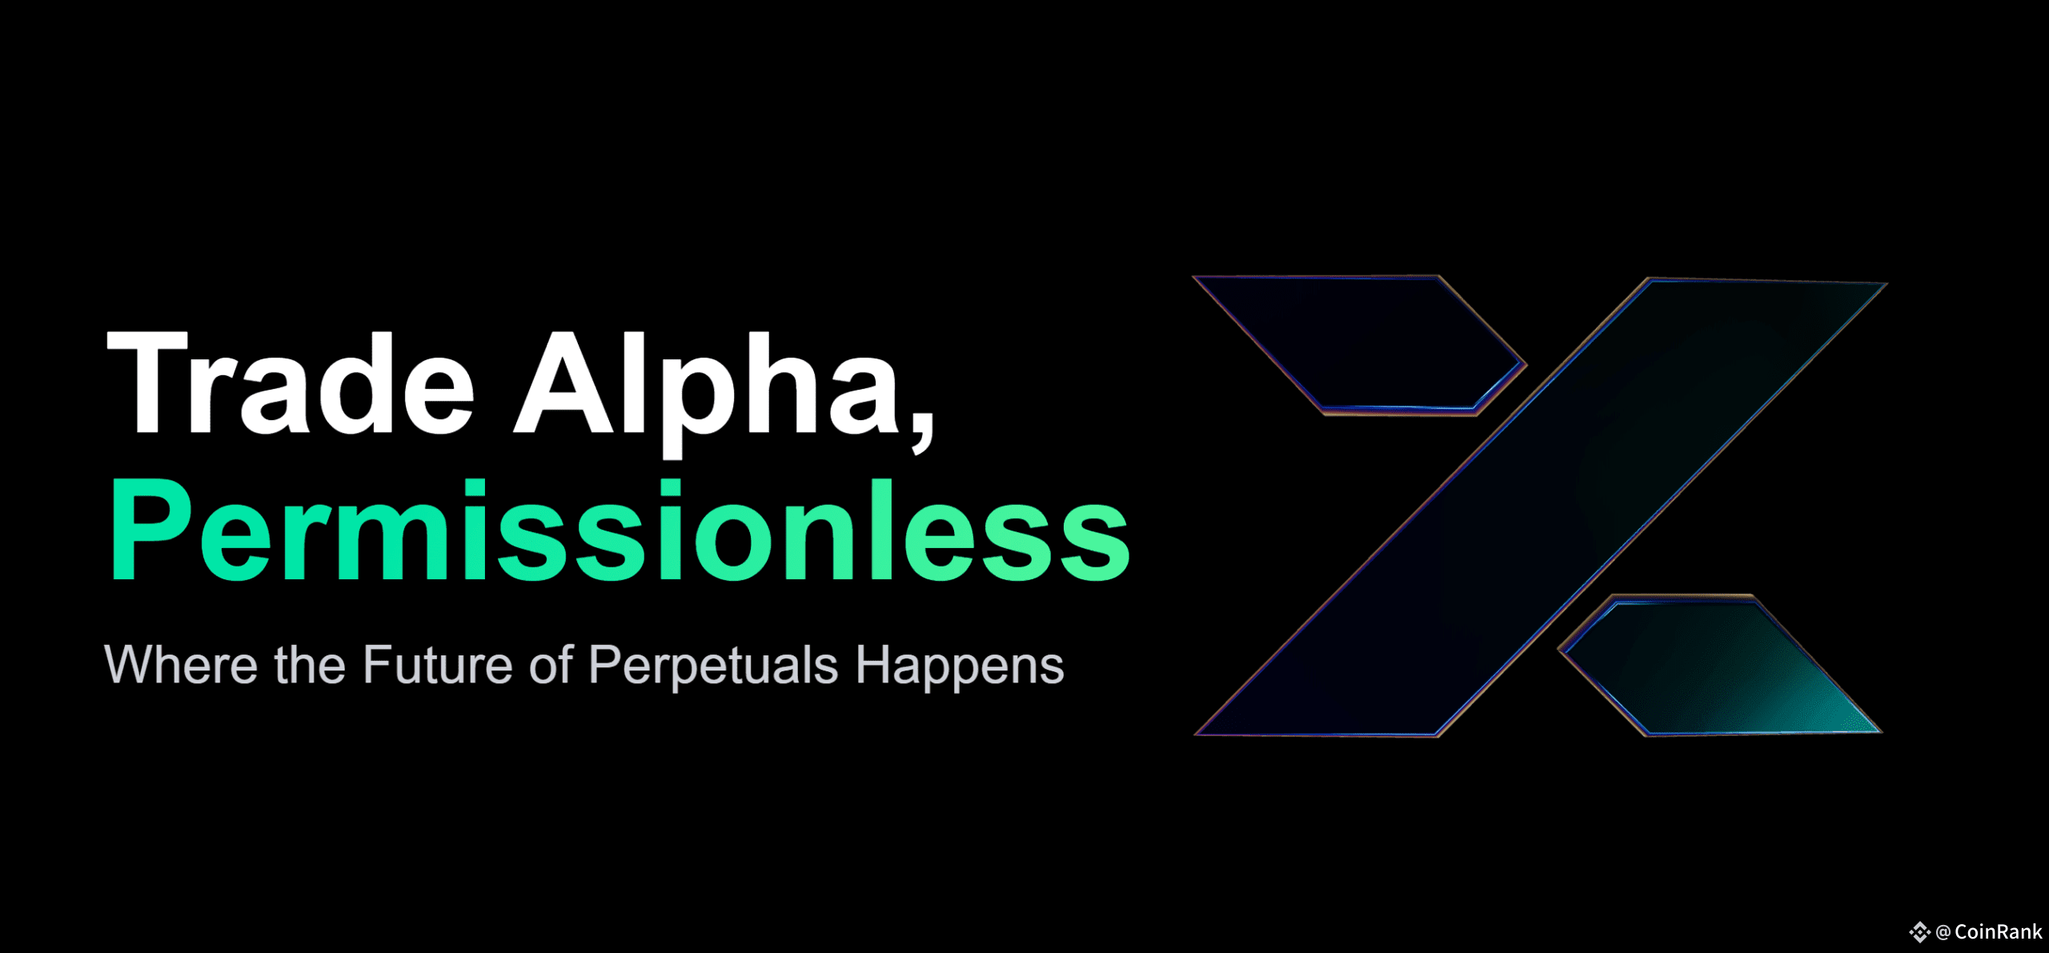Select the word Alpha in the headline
point(708,392)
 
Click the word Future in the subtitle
point(437,664)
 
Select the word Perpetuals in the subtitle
point(713,666)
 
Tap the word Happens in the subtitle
point(960,666)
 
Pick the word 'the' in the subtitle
point(310,664)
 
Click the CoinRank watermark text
point(1998,931)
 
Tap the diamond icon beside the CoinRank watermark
point(1919,932)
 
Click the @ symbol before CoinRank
point(1943,932)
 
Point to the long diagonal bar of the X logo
point(1541,507)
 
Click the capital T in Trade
point(147,382)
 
